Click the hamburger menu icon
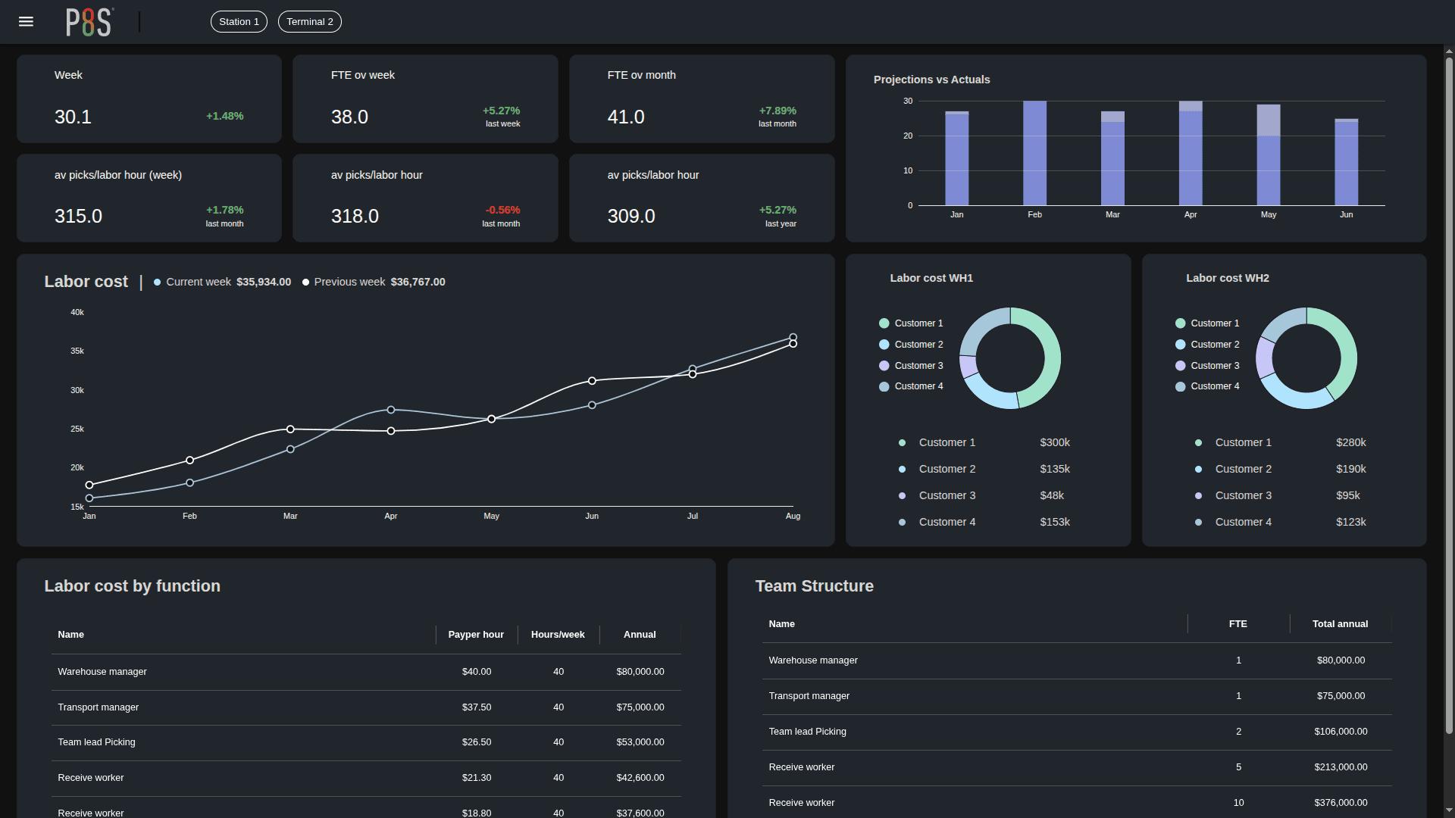pyautogui.click(x=26, y=21)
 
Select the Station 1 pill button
pyautogui.click(x=239, y=22)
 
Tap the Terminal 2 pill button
pyautogui.click(x=309, y=22)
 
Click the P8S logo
pyautogui.click(x=89, y=22)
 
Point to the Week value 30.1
pyautogui.click(x=73, y=117)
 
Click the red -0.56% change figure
pyautogui.click(x=502, y=210)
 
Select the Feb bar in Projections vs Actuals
pyautogui.click(x=1034, y=153)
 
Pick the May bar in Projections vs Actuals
pyautogui.click(x=1268, y=155)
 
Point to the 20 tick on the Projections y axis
pyautogui.click(x=908, y=136)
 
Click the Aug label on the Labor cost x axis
pyautogui.click(x=793, y=517)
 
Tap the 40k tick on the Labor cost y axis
pyautogui.click(x=77, y=313)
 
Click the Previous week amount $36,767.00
pyautogui.click(x=418, y=282)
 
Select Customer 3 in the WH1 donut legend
pyautogui.click(x=918, y=366)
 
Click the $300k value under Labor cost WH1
pyautogui.click(x=1054, y=443)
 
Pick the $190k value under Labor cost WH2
pyautogui.click(x=1350, y=470)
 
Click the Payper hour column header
pyautogui.click(x=475, y=635)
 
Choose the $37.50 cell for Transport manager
pyautogui.click(x=476, y=707)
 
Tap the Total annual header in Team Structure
pyautogui.click(x=1340, y=624)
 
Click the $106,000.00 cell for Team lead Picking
pyautogui.click(x=1341, y=732)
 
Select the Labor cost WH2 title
pyautogui.click(x=1227, y=279)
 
